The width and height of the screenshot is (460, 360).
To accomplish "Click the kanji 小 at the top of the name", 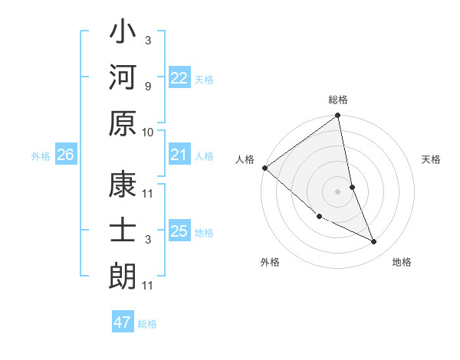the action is tap(123, 35).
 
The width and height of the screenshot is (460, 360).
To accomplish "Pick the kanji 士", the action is tap(123, 231).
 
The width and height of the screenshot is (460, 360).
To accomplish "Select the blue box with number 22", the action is tap(179, 79).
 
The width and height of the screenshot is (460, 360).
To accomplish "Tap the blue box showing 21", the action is tap(179, 155).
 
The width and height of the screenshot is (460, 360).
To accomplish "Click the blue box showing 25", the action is tap(179, 231).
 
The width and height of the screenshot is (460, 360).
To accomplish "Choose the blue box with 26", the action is tap(65, 155).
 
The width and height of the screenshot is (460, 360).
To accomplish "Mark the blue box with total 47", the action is tap(123, 322).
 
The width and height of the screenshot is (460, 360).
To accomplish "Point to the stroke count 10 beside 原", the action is tap(148, 132).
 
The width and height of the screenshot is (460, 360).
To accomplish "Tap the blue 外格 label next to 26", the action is tap(41, 156).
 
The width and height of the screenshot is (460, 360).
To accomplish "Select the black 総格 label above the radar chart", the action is tap(338, 100).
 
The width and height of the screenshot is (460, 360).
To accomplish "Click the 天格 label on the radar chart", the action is tap(432, 159).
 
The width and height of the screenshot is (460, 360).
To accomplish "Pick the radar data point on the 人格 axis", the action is tap(264, 168).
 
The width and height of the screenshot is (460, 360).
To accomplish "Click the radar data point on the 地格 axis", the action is tap(373, 242).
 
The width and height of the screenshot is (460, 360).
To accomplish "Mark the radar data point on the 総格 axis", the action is tap(338, 116).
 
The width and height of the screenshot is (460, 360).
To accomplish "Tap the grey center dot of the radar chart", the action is tap(337, 191).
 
